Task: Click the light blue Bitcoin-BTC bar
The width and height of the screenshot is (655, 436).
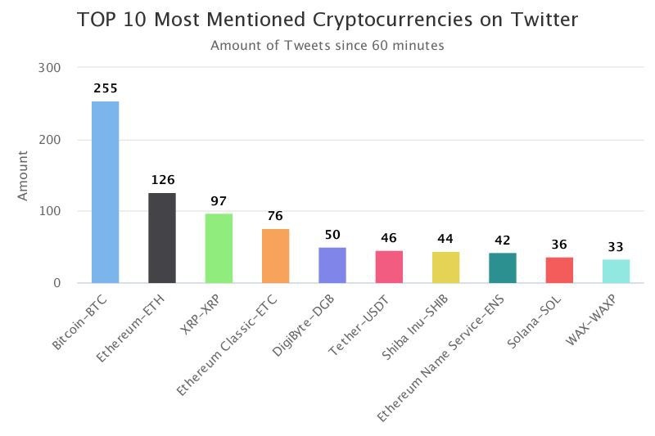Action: pos(106,192)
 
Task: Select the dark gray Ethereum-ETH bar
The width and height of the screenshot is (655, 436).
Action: pos(162,238)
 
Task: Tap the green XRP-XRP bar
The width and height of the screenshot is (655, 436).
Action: pos(219,249)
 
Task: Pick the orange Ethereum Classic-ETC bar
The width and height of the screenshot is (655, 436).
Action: pos(276,256)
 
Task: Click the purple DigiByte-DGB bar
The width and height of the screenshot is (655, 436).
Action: pos(332,265)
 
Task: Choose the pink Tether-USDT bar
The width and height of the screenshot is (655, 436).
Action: pos(390,267)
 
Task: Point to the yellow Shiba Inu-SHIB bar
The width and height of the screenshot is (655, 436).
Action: pos(445,267)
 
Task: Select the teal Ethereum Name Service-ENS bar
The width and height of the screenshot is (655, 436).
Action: pos(503,268)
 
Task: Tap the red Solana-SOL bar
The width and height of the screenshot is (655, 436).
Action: pos(559,271)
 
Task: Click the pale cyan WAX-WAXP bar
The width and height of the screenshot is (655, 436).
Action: pos(617,272)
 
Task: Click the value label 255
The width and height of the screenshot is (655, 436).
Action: pos(106,88)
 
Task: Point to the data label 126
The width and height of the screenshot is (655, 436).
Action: pos(162,180)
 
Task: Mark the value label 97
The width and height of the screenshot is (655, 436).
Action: pos(219,201)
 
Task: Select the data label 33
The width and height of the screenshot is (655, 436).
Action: pos(616,247)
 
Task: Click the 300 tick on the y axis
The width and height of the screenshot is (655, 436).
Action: pos(49,68)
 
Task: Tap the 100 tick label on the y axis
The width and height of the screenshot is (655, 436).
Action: pos(50,211)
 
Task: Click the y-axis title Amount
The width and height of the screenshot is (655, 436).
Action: pos(23,176)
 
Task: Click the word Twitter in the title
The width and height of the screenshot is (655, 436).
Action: pos(544,20)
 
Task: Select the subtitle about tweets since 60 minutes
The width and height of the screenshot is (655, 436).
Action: pos(327,45)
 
